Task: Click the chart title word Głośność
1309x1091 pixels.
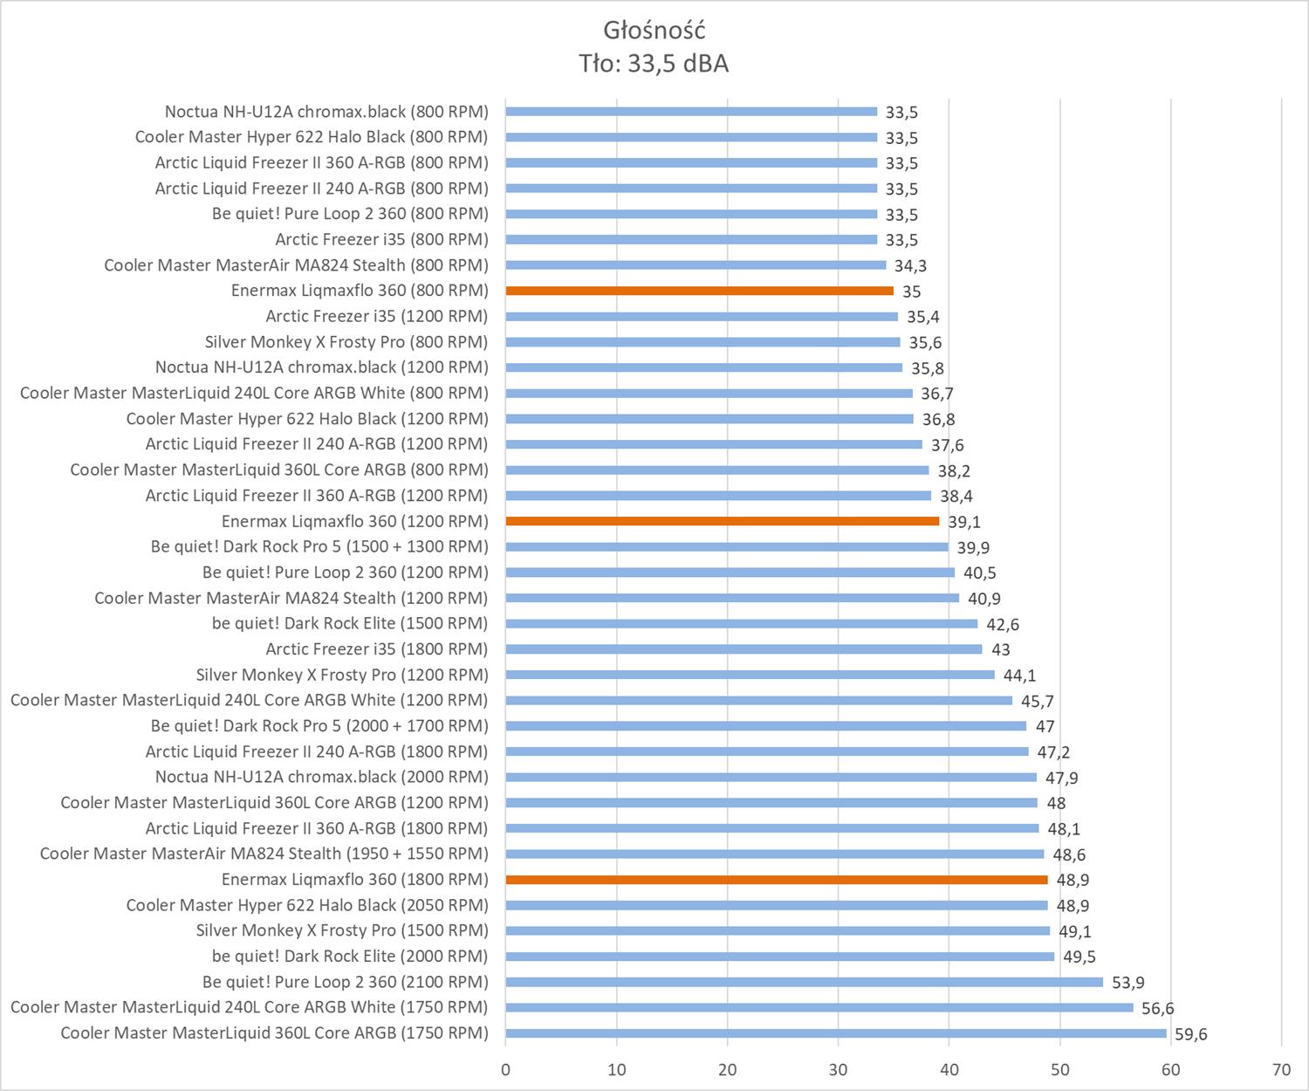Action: pyautogui.click(x=654, y=31)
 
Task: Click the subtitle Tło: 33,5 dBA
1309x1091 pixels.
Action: pyautogui.click(x=654, y=64)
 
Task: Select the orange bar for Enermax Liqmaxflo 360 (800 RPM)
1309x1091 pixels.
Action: pyautogui.click(x=699, y=291)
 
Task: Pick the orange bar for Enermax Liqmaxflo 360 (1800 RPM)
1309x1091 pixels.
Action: pyautogui.click(x=776, y=880)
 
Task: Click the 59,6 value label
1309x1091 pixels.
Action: pyautogui.click(x=1191, y=1035)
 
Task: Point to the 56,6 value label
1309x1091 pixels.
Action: pyautogui.click(x=1158, y=1009)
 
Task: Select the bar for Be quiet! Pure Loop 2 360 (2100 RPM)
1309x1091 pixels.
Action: pyautogui.click(x=804, y=982)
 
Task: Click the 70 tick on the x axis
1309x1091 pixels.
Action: pyautogui.click(x=1281, y=1070)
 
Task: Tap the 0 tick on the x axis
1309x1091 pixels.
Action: pyautogui.click(x=505, y=1070)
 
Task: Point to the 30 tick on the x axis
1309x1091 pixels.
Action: pyautogui.click(x=838, y=1070)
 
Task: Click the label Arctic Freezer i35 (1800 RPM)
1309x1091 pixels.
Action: pyautogui.click(x=376, y=648)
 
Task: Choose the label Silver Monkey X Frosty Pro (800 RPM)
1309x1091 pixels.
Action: pyautogui.click(x=346, y=341)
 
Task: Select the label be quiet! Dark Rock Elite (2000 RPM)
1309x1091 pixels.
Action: pyautogui.click(x=350, y=956)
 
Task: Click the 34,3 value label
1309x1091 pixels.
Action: pyautogui.click(x=910, y=266)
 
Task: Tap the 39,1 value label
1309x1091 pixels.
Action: pyautogui.click(x=964, y=522)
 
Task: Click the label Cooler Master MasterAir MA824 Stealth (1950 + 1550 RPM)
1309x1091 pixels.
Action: pyautogui.click(x=264, y=854)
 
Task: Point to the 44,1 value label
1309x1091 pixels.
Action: pyautogui.click(x=1019, y=676)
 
